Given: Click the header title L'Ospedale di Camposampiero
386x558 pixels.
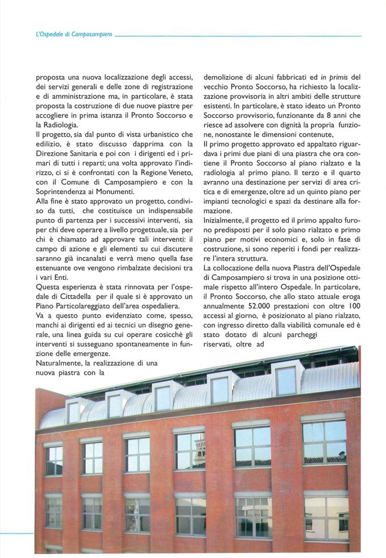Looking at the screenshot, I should [x=73, y=35].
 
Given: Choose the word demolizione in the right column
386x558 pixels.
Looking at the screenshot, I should [x=225, y=77].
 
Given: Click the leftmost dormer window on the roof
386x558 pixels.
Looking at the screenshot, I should [x=74, y=412].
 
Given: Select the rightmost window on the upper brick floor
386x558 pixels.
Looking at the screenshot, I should [x=324, y=442].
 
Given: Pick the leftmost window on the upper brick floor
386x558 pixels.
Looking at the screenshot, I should [x=54, y=460].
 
